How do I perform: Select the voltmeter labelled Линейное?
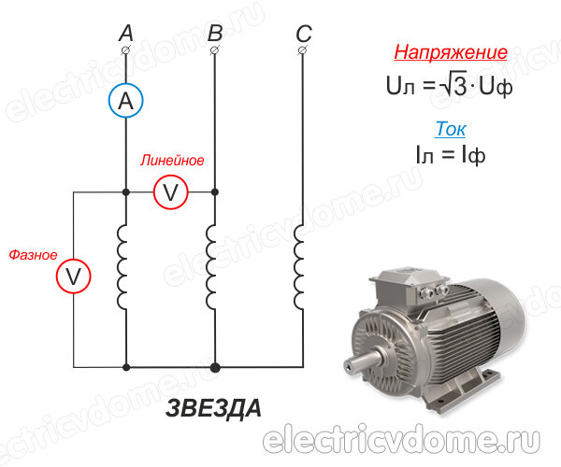coord(171,191)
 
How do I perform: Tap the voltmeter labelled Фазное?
coord(73,276)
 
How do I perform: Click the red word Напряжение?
coord(451,52)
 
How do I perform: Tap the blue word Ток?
coord(451,129)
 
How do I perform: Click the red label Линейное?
coord(172,161)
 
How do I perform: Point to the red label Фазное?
coord(33,254)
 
